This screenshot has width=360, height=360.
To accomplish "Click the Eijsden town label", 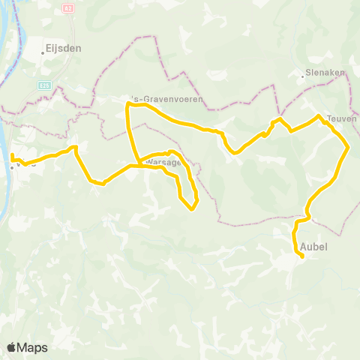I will [64, 46].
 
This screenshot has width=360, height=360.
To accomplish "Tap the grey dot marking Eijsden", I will [43, 52].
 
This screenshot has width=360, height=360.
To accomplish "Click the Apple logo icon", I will [11, 347].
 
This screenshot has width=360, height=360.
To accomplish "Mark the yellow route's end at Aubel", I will [301, 256].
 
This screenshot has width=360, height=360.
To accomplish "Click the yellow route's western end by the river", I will [12, 155].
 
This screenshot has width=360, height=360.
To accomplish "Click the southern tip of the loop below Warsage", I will [192, 208].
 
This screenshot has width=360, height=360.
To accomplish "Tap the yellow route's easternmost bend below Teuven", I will [348, 148].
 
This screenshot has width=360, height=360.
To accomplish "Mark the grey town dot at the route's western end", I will [12, 166].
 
